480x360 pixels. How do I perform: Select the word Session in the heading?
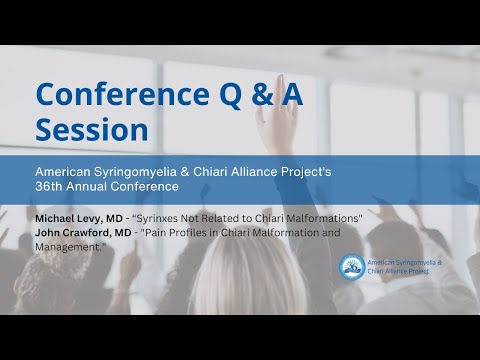(92, 130)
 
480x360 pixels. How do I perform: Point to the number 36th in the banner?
(50, 186)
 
